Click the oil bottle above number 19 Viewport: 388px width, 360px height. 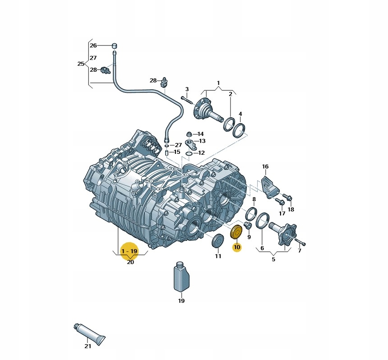[181, 277]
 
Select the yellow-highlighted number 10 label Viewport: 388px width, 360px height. [237, 247]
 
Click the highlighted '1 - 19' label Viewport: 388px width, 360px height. [129, 251]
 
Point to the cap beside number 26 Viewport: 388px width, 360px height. [114, 46]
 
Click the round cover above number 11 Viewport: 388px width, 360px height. [218, 240]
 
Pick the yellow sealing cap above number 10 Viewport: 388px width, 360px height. [237, 232]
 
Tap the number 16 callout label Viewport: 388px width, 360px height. [265, 166]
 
